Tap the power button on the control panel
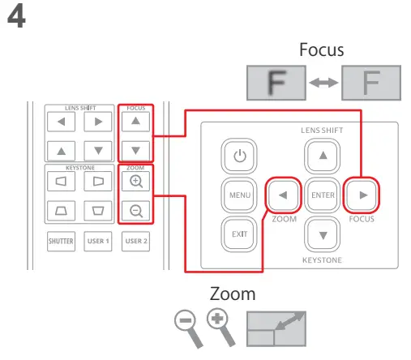pyautogui.click(x=238, y=156)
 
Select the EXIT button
pyautogui.click(x=238, y=234)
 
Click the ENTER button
pyautogui.click(x=323, y=195)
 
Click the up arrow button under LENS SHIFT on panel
pyautogui.click(x=323, y=156)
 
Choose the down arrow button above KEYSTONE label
pyautogui.click(x=323, y=234)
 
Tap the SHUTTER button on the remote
pyautogui.click(x=61, y=241)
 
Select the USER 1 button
pyautogui.click(x=97, y=241)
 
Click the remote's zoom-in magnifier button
pyautogui.click(x=135, y=182)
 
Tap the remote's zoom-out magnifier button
pyautogui.click(x=135, y=212)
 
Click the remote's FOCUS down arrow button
pyautogui.click(x=135, y=150)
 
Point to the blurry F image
pyautogui.click(x=275, y=83)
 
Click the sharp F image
pyautogui.click(x=371, y=83)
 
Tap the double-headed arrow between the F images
pyautogui.click(x=323, y=83)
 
